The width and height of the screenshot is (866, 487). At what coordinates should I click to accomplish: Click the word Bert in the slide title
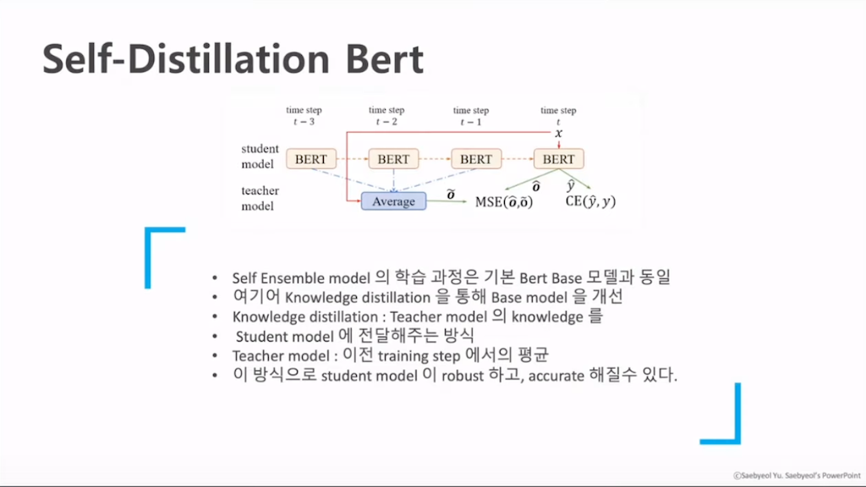coord(385,58)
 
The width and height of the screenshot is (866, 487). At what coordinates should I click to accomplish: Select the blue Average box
coord(394,201)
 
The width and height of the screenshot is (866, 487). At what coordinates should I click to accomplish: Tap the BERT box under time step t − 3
coord(311,159)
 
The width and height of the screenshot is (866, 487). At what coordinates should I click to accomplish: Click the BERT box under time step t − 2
coord(393,159)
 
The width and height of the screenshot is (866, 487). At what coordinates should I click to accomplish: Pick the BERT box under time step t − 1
coord(476,159)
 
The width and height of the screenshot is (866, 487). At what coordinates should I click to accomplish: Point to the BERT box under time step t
coord(558,159)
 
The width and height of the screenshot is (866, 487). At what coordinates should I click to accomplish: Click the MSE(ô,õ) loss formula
coord(504,202)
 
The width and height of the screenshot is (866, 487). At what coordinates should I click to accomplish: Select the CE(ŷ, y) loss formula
coord(590,201)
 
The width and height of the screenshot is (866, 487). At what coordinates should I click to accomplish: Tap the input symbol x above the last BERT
coord(558,133)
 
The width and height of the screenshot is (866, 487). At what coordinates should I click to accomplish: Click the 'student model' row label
coord(260,156)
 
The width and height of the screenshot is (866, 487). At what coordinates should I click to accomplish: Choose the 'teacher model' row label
coord(260,198)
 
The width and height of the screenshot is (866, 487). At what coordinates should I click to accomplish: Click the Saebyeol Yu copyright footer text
coord(797,475)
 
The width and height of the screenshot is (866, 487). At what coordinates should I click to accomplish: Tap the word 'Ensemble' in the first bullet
coord(293,277)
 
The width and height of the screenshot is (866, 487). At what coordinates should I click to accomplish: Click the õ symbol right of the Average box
coord(451,194)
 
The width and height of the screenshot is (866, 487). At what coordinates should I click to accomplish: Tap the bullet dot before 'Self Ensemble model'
coord(215,277)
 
